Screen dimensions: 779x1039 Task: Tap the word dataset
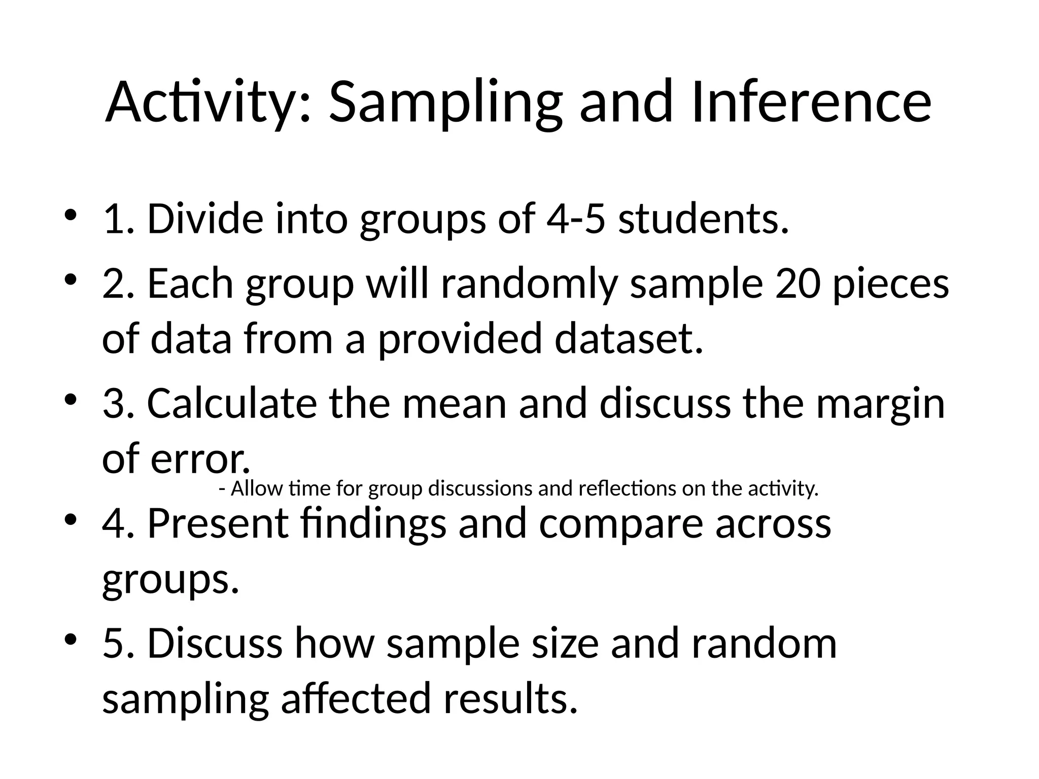click(x=629, y=338)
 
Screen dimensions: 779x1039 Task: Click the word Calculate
click(x=231, y=403)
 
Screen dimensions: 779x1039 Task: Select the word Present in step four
click(x=218, y=523)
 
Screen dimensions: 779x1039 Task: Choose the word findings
click(x=373, y=523)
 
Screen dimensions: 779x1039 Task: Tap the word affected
click(x=355, y=698)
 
